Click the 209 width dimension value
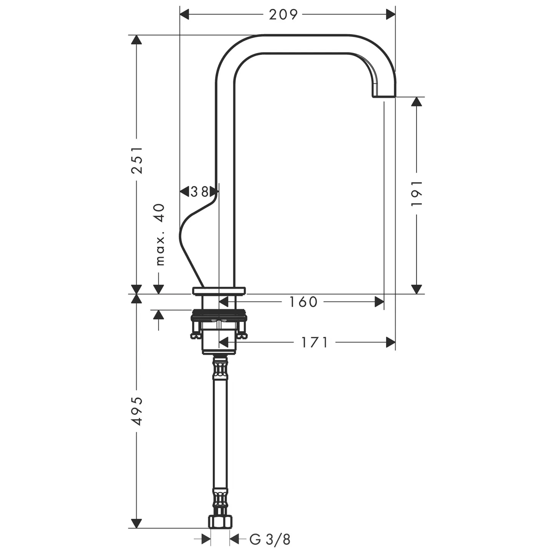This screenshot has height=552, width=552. pyautogui.click(x=283, y=15)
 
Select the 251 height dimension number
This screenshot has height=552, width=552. pyautogui.click(x=137, y=160)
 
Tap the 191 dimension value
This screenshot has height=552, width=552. pyautogui.click(x=417, y=193)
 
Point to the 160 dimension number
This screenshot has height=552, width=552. pyautogui.click(x=303, y=302)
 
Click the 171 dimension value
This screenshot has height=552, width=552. pyautogui.click(x=314, y=342)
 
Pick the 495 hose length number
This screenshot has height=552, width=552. pyautogui.click(x=137, y=411)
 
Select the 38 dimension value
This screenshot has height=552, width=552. pyautogui.click(x=200, y=191)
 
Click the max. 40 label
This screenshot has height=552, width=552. pyautogui.click(x=160, y=234)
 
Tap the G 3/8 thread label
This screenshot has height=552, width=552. pyautogui.click(x=270, y=539)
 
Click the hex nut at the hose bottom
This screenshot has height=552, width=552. pyautogui.click(x=220, y=521)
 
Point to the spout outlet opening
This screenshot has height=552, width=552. pyautogui.click(x=383, y=96)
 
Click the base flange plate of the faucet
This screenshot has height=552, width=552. pyautogui.click(x=219, y=291)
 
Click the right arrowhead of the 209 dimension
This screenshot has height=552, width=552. pyautogui.click(x=391, y=15)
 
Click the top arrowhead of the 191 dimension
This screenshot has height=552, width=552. pyautogui.click(x=417, y=101)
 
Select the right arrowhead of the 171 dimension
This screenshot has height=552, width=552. pyautogui.click(x=391, y=342)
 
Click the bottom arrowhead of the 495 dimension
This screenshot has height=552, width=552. pyautogui.click(x=136, y=523)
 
